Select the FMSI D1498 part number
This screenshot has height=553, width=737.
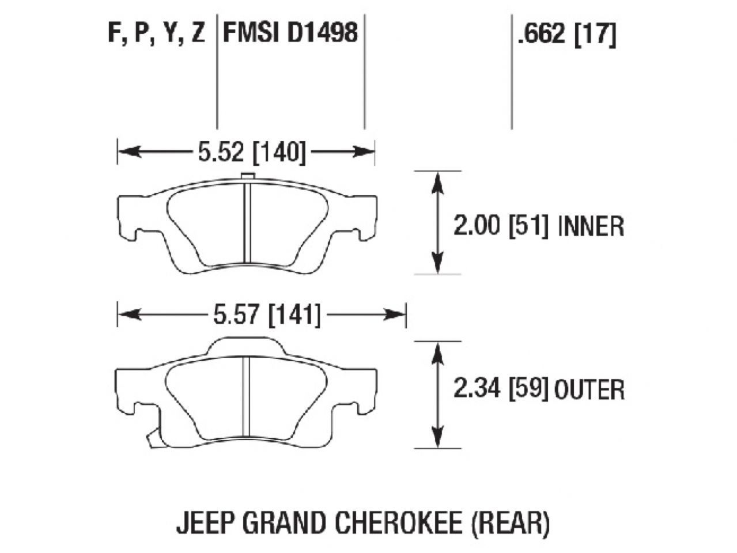click(x=290, y=33)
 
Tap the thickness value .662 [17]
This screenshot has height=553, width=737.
click(x=566, y=35)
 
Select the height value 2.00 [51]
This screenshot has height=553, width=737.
click(x=500, y=226)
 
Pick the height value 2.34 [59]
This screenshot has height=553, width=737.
click(x=500, y=390)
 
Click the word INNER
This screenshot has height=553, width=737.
click(x=591, y=226)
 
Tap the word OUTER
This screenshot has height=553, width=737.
click(x=589, y=391)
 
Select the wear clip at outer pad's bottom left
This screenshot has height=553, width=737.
click(x=151, y=440)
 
